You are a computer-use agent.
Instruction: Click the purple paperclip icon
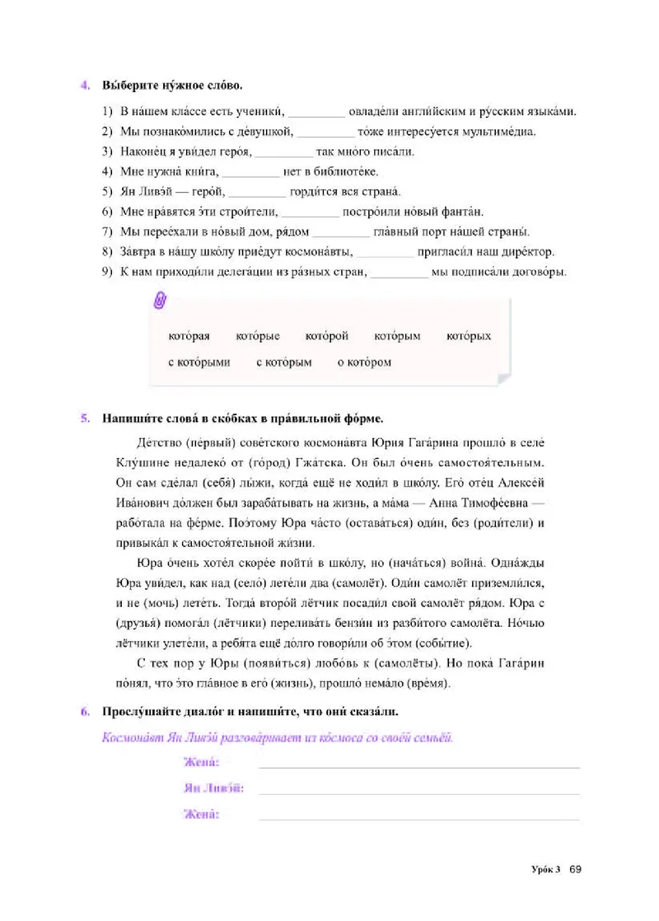coord(160,302)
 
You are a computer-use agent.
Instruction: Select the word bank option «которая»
coord(189,336)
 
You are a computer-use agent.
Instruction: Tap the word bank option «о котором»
coord(364,362)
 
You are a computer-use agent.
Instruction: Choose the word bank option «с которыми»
coord(199,362)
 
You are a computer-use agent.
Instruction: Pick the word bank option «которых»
coord(469,336)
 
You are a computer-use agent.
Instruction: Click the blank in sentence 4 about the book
coord(250,172)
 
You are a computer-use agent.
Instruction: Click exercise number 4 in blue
coord(84,85)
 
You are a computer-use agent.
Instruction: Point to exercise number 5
coord(84,417)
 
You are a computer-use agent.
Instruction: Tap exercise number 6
coord(84,711)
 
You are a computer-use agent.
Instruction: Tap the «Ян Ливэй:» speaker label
coord(213,788)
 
